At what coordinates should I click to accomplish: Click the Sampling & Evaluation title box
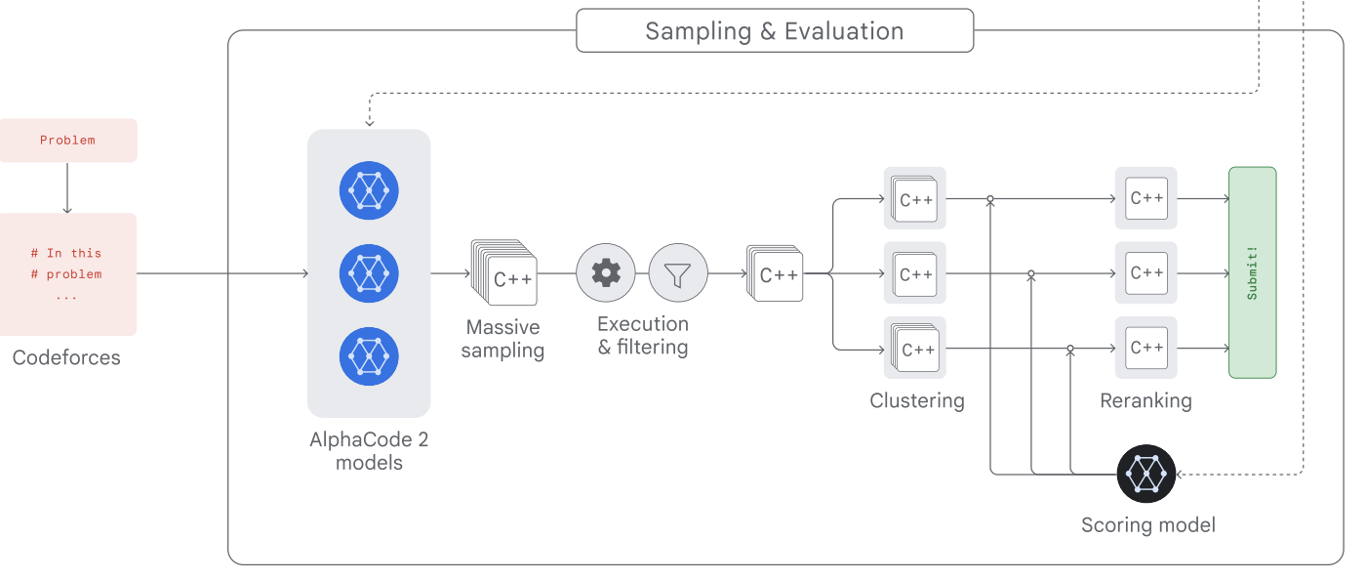pyautogui.click(x=775, y=30)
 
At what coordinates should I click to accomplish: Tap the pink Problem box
pyautogui.click(x=68, y=141)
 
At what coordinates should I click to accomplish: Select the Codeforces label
pyautogui.click(x=66, y=357)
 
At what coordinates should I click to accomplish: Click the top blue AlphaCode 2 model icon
pyautogui.click(x=369, y=190)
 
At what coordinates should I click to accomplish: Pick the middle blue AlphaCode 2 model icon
pyautogui.click(x=369, y=273)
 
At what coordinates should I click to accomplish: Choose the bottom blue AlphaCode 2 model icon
pyautogui.click(x=369, y=356)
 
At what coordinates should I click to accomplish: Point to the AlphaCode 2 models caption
pyautogui.click(x=369, y=451)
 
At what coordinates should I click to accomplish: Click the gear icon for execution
pyautogui.click(x=606, y=272)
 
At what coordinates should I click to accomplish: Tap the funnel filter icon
pyautogui.click(x=678, y=272)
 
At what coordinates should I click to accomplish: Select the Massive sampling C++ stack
pyautogui.click(x=503, y=272)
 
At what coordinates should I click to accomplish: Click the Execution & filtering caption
pyautogui.click(x=643, y=335)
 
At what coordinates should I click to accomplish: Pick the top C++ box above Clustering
pyautogui.click(x=915, y=198)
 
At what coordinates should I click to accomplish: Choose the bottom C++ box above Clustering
pyautogui.click(x=915, y=348)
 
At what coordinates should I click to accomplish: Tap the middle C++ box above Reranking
pyautogui.click(x=1145, y=272)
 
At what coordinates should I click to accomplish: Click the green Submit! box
pyautogui.click(x=1253, y=272)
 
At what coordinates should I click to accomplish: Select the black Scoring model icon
pyautogui.click(x=1146, y=474)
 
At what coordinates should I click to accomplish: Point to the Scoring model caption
pyautogui.click(x=1148, y=525)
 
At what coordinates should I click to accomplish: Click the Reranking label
pyautogui.click(x=1145, y=400)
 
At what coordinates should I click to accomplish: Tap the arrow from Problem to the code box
pyautogui.click(x=67, y=188)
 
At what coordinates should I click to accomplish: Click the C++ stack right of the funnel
pyautogui.click(x=775, y=273)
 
